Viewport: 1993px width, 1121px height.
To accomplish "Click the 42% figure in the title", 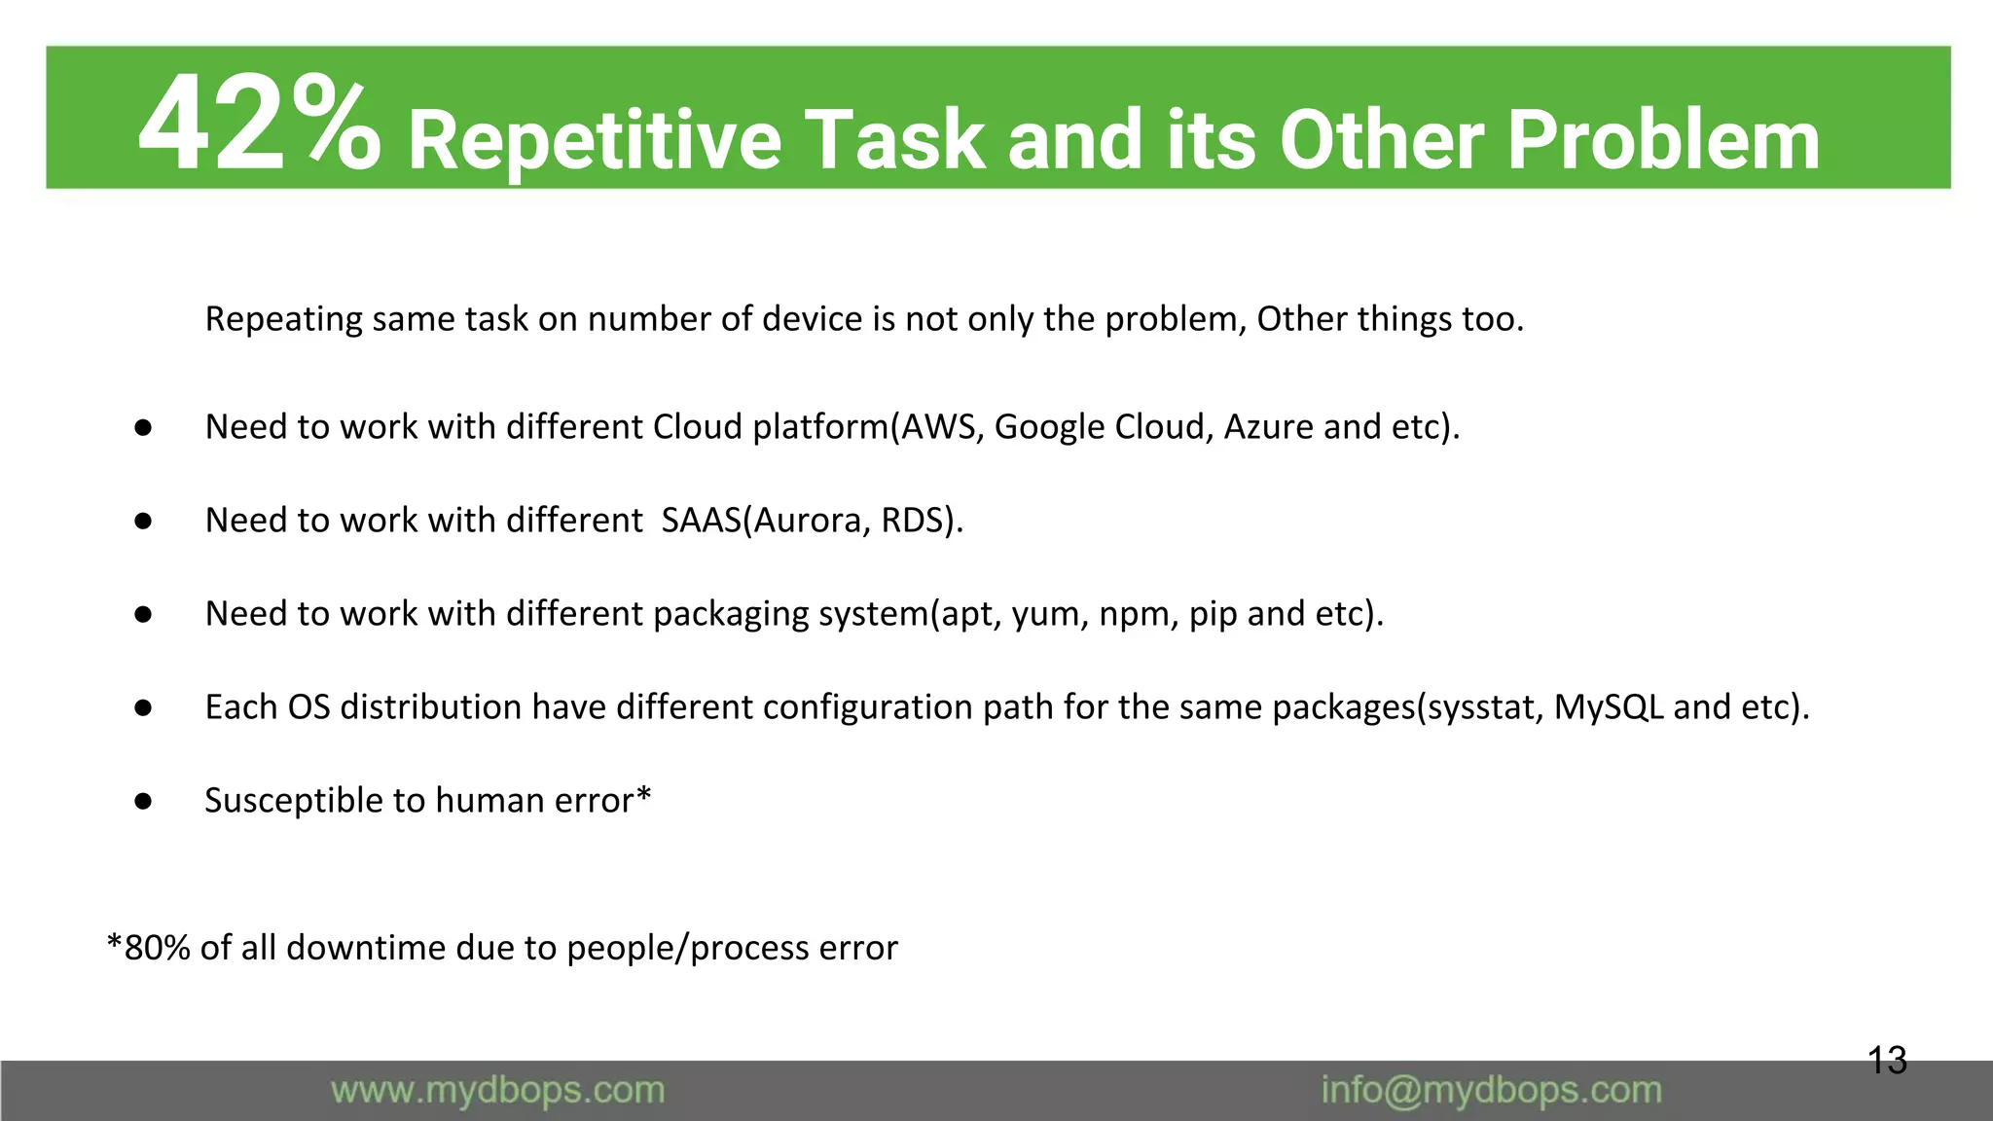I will tap(258, 127).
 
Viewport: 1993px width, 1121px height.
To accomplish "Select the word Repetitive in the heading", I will tap(595, 140).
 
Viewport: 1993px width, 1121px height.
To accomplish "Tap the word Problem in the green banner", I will tap(1663, 140).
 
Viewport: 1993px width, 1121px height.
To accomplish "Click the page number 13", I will tap(1887, 1060).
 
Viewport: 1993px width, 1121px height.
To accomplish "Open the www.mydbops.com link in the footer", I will tap(497, 1091).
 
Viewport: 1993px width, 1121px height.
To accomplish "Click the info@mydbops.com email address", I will tap(1491, 1091).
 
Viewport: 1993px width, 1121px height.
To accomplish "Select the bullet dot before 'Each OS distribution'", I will tap(143, 708).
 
